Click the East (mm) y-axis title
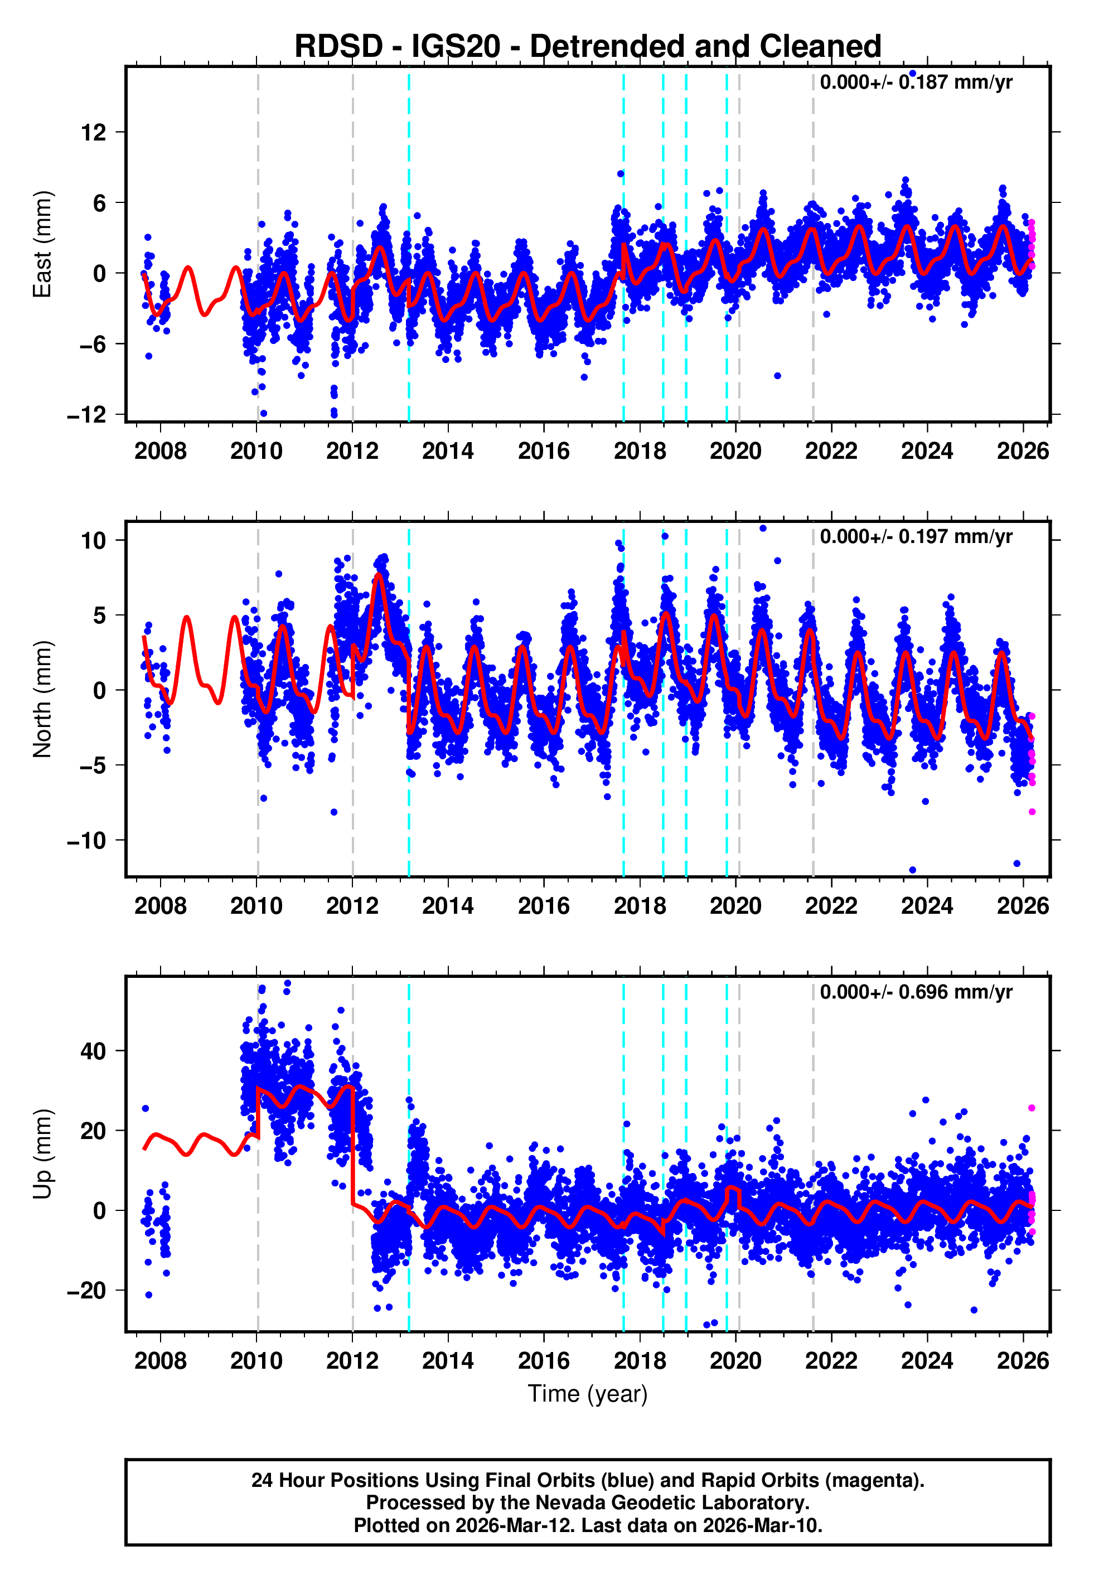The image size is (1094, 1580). click(x=42, y=244)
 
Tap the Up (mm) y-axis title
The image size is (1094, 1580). click(x=42, y=1154)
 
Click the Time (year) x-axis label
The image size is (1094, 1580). click(x=588, y=1394)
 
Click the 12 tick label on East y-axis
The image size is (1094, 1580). click(x=93, y=132)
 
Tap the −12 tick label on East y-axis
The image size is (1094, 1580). click(x=87, y=415)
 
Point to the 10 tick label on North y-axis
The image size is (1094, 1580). click(x=93, y=541)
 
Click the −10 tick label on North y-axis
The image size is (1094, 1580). click(x=87, y=841)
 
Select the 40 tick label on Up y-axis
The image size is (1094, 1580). click(x=93, y=1051)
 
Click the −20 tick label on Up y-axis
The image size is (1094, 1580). click(x=87, y=1291)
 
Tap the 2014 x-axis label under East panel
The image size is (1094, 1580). click(x=448, y=451)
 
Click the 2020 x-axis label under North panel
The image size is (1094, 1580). click(x=735, y=906)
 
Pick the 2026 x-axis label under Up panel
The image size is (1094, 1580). click(x=1022, y=1361)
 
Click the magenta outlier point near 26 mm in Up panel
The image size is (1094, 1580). click(x=1032, y=1108)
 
